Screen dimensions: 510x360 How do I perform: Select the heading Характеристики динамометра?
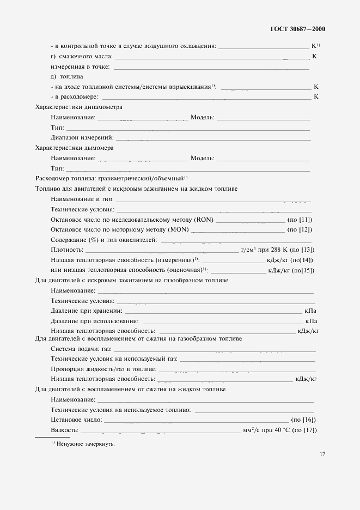(79, 107)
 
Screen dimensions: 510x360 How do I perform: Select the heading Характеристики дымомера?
(75, 148)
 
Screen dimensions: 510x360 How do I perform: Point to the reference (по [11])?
(300, 220)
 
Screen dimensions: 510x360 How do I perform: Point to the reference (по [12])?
(300, 229)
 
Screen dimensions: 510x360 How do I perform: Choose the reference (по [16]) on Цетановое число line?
(304, 420)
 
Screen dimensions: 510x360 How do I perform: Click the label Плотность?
(66, 250)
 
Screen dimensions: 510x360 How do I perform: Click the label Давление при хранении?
(86, 311)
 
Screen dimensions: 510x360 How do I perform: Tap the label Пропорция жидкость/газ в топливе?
(103, 369)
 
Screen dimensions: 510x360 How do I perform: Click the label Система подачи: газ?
(81, 349)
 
